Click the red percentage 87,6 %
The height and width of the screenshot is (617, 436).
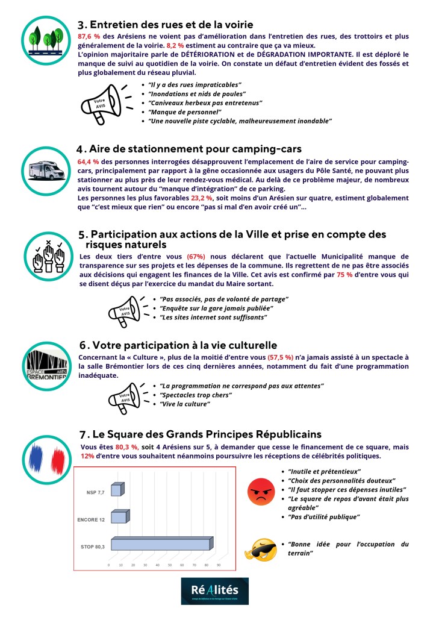89,37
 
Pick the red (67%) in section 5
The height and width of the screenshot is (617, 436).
198,257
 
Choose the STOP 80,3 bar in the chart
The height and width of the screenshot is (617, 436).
160,545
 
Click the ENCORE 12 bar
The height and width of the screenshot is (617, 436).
119,518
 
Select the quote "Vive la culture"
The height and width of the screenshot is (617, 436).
184,404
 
